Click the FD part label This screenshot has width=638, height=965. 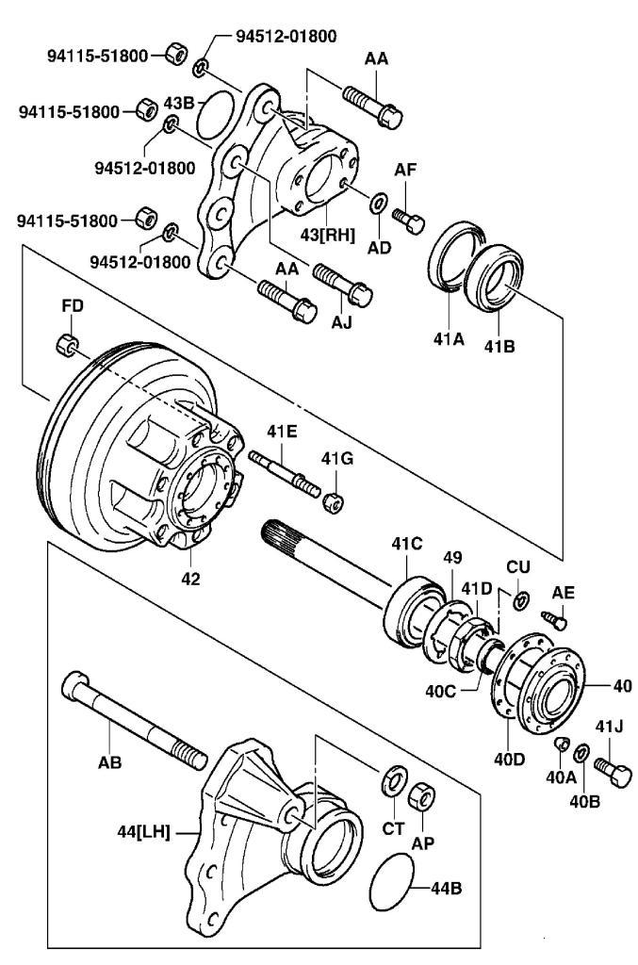pos(73,306)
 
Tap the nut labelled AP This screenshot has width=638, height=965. pos(423,797)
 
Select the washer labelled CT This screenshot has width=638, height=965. pos(392,781)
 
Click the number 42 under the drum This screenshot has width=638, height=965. pos(190,578)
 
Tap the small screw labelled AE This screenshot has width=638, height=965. pos(556,620)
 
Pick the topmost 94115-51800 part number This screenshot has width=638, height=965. pos(97,56)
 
